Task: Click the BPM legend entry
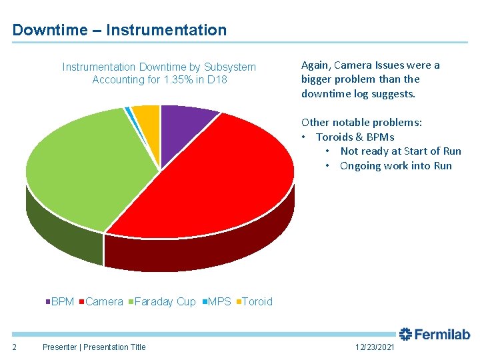[60, 301]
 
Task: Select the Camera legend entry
[101, 301]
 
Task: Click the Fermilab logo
[435, 334]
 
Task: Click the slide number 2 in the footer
[15, 347]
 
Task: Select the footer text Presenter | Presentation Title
[94, 347]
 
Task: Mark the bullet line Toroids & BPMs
[355, 137]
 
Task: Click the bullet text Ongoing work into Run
[395, 166]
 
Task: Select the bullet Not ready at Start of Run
[400, 151]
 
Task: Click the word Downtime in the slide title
[50, 30]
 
